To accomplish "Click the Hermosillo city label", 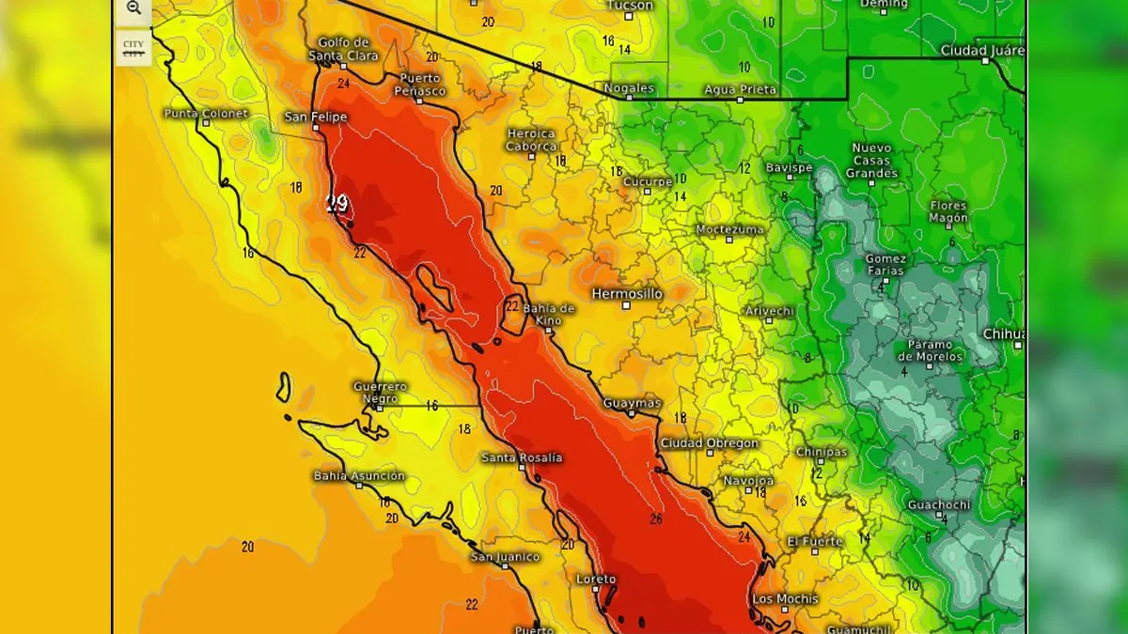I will pyautogui.click(x=627, y=294).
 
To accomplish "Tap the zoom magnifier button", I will pyautogui.click(x=133, y=8).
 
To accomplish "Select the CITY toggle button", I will pyautogui.click(x=133, y=49).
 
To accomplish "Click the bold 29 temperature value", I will pyautogui.click(x=337, y=203).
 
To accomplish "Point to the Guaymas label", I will pyautogui.click(x=632, y=403).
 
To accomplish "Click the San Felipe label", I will pyautogui.click(x=316, y=117).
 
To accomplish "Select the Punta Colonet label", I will pyautogui.click(x=206, y=114).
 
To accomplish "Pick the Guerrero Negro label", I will pyautogui.click(x=380, y=392).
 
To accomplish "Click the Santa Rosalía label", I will pyautogui.click(x=522, y=457).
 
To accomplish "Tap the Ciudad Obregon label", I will pyautogui.click(x=709, y=443).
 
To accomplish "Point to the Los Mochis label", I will pyautogui.click(x=785, y=599).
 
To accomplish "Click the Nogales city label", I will pyautogui.click(x=629, y=88).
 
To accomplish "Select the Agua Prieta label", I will pyautogui.click(x=741, y=90).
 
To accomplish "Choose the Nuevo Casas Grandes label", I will pyautogui.click(x=871, y=161).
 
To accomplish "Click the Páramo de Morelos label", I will pyautogui.click(x=931, y=350).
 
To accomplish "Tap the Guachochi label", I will pyautogui.click(x=938, y=505).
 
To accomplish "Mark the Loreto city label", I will pyautogui.click(x=596, y=580).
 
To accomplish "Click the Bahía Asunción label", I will pyautogui.click(x=359, y=476).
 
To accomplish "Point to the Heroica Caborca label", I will pyautogui.click(x=531, y=140).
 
